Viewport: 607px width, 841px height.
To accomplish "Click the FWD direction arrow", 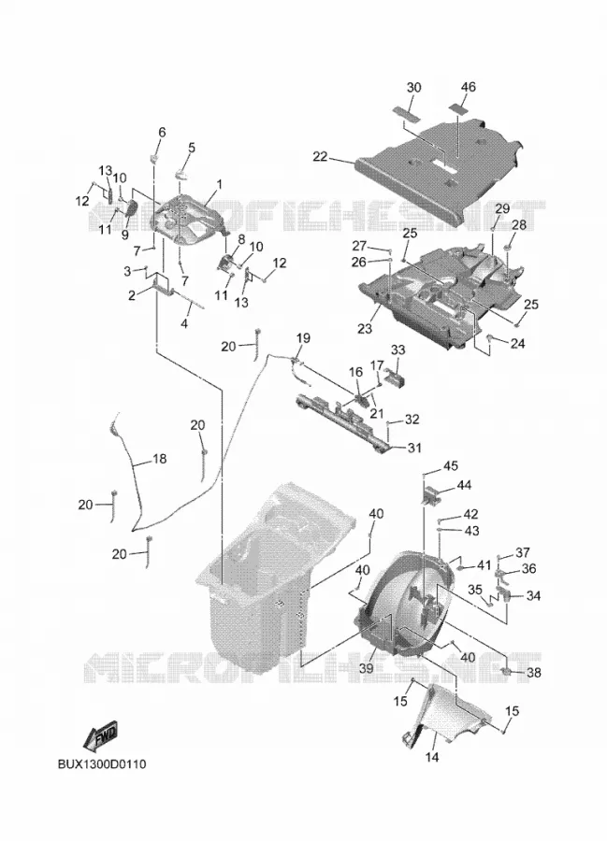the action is coord(101,736).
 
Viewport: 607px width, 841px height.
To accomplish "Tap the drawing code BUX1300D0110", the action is coord(102,763).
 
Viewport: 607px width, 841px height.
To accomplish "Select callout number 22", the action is coord(321,156).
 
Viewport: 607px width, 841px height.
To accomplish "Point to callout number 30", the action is coord(413,88).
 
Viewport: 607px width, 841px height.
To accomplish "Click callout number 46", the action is coord(468,87).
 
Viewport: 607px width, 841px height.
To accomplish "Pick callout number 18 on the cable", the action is coord(159,459).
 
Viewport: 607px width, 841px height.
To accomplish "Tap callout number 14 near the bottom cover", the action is coord(432,757).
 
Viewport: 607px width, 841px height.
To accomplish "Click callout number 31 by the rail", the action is coord(414,448).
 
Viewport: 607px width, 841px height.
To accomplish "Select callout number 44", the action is coord(464,485).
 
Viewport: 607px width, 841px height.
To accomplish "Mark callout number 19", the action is coord(303,338).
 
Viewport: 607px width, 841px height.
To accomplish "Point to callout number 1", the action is coord(219,184).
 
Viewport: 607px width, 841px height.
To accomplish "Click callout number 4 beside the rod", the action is coord(184,324).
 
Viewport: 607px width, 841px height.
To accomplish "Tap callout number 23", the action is coord(365,328).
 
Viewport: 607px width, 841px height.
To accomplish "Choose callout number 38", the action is coord(533,672).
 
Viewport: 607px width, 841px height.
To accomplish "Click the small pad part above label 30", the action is coord(413,110).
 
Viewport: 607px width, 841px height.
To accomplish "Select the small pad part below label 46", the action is coord(457,107).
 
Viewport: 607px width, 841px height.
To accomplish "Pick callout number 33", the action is coord(397,350).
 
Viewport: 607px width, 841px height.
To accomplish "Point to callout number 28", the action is coord(519,224).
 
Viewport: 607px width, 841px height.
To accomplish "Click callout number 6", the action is coord(162,132).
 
